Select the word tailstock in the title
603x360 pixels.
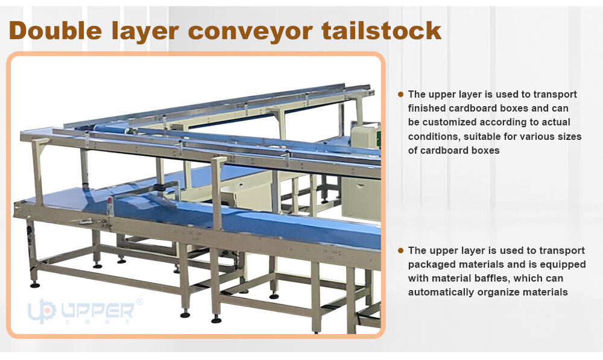click(383, 30)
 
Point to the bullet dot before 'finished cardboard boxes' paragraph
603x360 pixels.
click(400, 94)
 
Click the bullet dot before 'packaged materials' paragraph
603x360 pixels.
click(400, 250)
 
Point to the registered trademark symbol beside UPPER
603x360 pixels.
click(140, 301)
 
